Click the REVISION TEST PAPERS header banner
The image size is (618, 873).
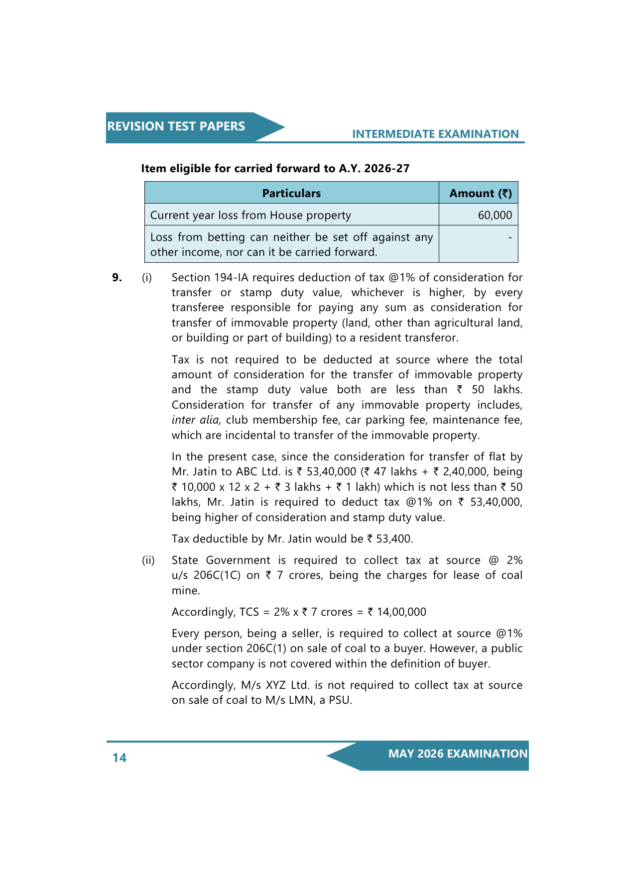click(x=176, y=126)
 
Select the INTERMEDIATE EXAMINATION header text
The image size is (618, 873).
click(x=435, y=134)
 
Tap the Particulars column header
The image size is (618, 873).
click(x=291, y=193)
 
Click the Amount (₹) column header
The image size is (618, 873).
click(x=480, y=193)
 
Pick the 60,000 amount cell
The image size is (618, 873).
click(x=494, y=215)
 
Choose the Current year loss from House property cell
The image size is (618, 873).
click(x=250, y=215)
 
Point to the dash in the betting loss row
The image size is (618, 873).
click(x=509, y=238)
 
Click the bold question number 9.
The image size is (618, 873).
click(x=117, y=278)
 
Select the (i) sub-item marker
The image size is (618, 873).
click(x=147, y=278)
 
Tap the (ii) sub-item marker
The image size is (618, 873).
click(x=148, y=560)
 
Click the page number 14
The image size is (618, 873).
click(x=120, y=758)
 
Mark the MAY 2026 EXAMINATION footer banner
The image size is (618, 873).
click(x=457, y=754)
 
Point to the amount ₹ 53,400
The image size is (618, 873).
click(x=390, y=539)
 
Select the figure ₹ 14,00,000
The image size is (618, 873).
click(x=397, y=612)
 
